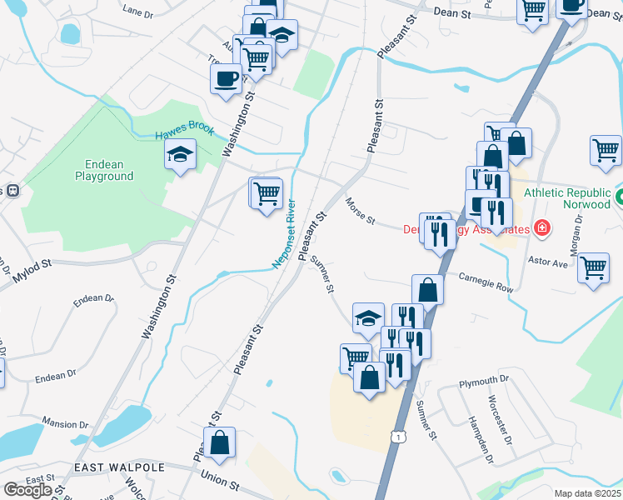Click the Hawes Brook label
coord(184,132)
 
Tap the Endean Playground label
coord(104,170)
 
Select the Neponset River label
coord(283,234)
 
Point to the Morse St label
coord(361,207)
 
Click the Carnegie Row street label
coord(486,281)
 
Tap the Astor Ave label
coord(548,261)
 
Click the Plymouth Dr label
coord(484,383)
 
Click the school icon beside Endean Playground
coord(180,154)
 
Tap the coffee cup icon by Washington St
coord(227,78)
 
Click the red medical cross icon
coord(541,227)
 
